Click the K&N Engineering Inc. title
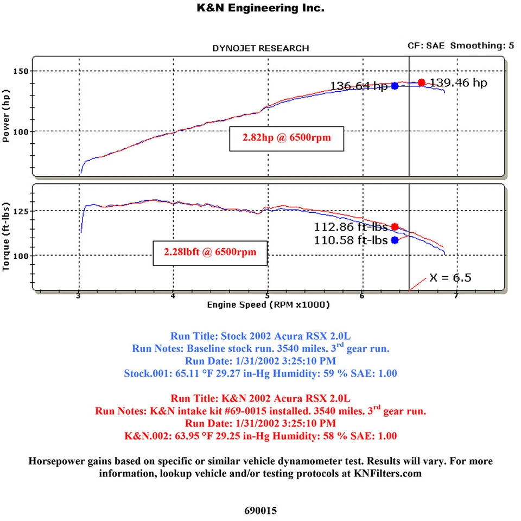pyautogui.click(x=260, y=8)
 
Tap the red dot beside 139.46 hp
pyautogui.click(x=422, y=82)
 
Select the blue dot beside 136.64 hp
pyautogui.click(x=395, y=86)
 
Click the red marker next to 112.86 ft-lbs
pyautogui.click(x=395, y=226)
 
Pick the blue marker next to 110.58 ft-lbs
pyautogui.click(x=395, y=240)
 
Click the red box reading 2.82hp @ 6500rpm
pyautogui.click(x=287, y=138)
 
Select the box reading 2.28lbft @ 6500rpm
pyautogui.click(x=210, y=252)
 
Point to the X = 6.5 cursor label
pyautogui.click(x=450, y=278)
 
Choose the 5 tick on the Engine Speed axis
pyautogui.click(x=268, y=296)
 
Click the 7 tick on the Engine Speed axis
pyautogui.click(x=456, y=296)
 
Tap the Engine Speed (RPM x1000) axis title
pyautogui.click(x=268, y=305)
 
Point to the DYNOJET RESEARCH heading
pyautogui.click(x=260, y=48)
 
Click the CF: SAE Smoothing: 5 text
pyautogui.click(x=461, y=46)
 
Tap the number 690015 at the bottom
pyautogui.click(x=260, y=510)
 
